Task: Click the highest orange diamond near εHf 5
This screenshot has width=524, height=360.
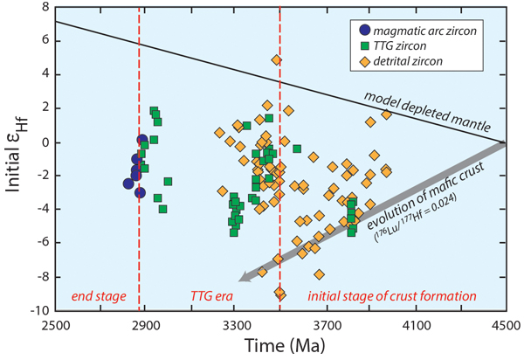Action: point(276,59)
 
